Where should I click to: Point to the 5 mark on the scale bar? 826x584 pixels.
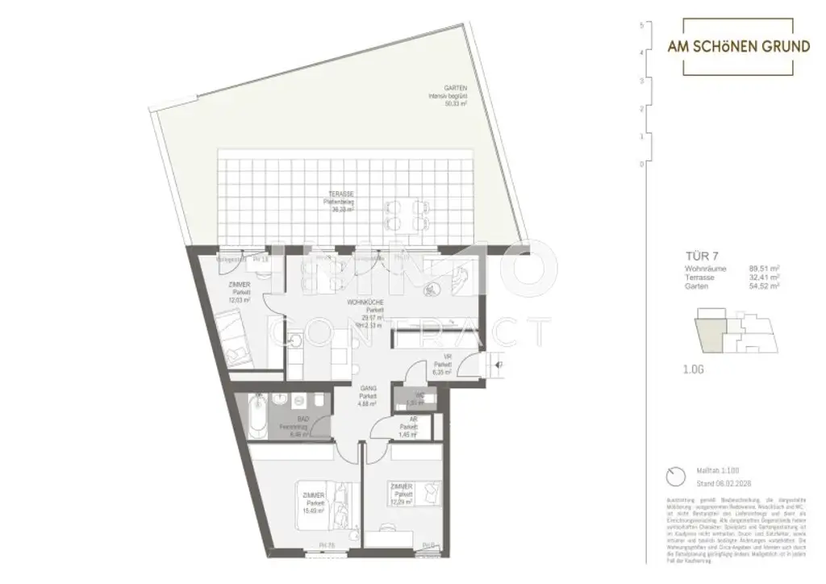point(640,25)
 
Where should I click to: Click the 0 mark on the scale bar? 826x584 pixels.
point(640,164)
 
